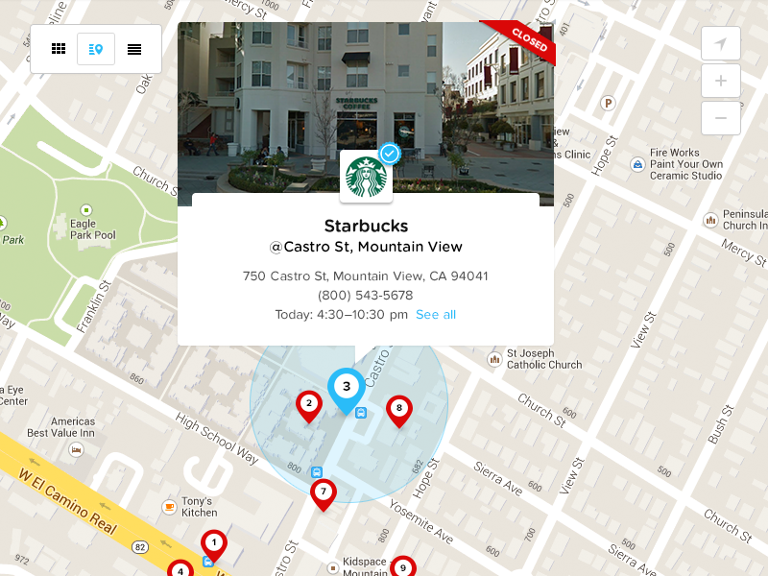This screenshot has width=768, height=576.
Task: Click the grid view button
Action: click(59, 49)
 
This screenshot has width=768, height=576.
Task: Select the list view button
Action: click(134, 49)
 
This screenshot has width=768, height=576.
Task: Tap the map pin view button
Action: click(96, 49)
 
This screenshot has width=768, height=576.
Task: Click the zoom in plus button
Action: click(721, 81)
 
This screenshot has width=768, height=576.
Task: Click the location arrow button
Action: click(721, 44)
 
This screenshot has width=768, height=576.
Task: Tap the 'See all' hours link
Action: click(436, 315)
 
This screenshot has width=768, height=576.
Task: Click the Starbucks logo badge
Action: click(366, 176)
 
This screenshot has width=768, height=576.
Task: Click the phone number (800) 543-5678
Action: click(366, 296)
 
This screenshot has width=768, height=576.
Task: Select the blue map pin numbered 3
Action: click(347, 387)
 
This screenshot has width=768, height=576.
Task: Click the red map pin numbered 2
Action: click(309, 404)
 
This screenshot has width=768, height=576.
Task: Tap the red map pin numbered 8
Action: click(398, 409)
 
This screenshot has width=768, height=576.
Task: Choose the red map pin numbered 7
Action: click(324, 492)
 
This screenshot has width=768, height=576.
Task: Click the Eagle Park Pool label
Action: click(93, 229)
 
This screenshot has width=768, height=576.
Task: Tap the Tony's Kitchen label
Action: click(197, 507)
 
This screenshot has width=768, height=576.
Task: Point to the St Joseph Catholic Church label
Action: click(544, 358)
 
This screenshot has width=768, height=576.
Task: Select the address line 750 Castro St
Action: click(366, 276)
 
